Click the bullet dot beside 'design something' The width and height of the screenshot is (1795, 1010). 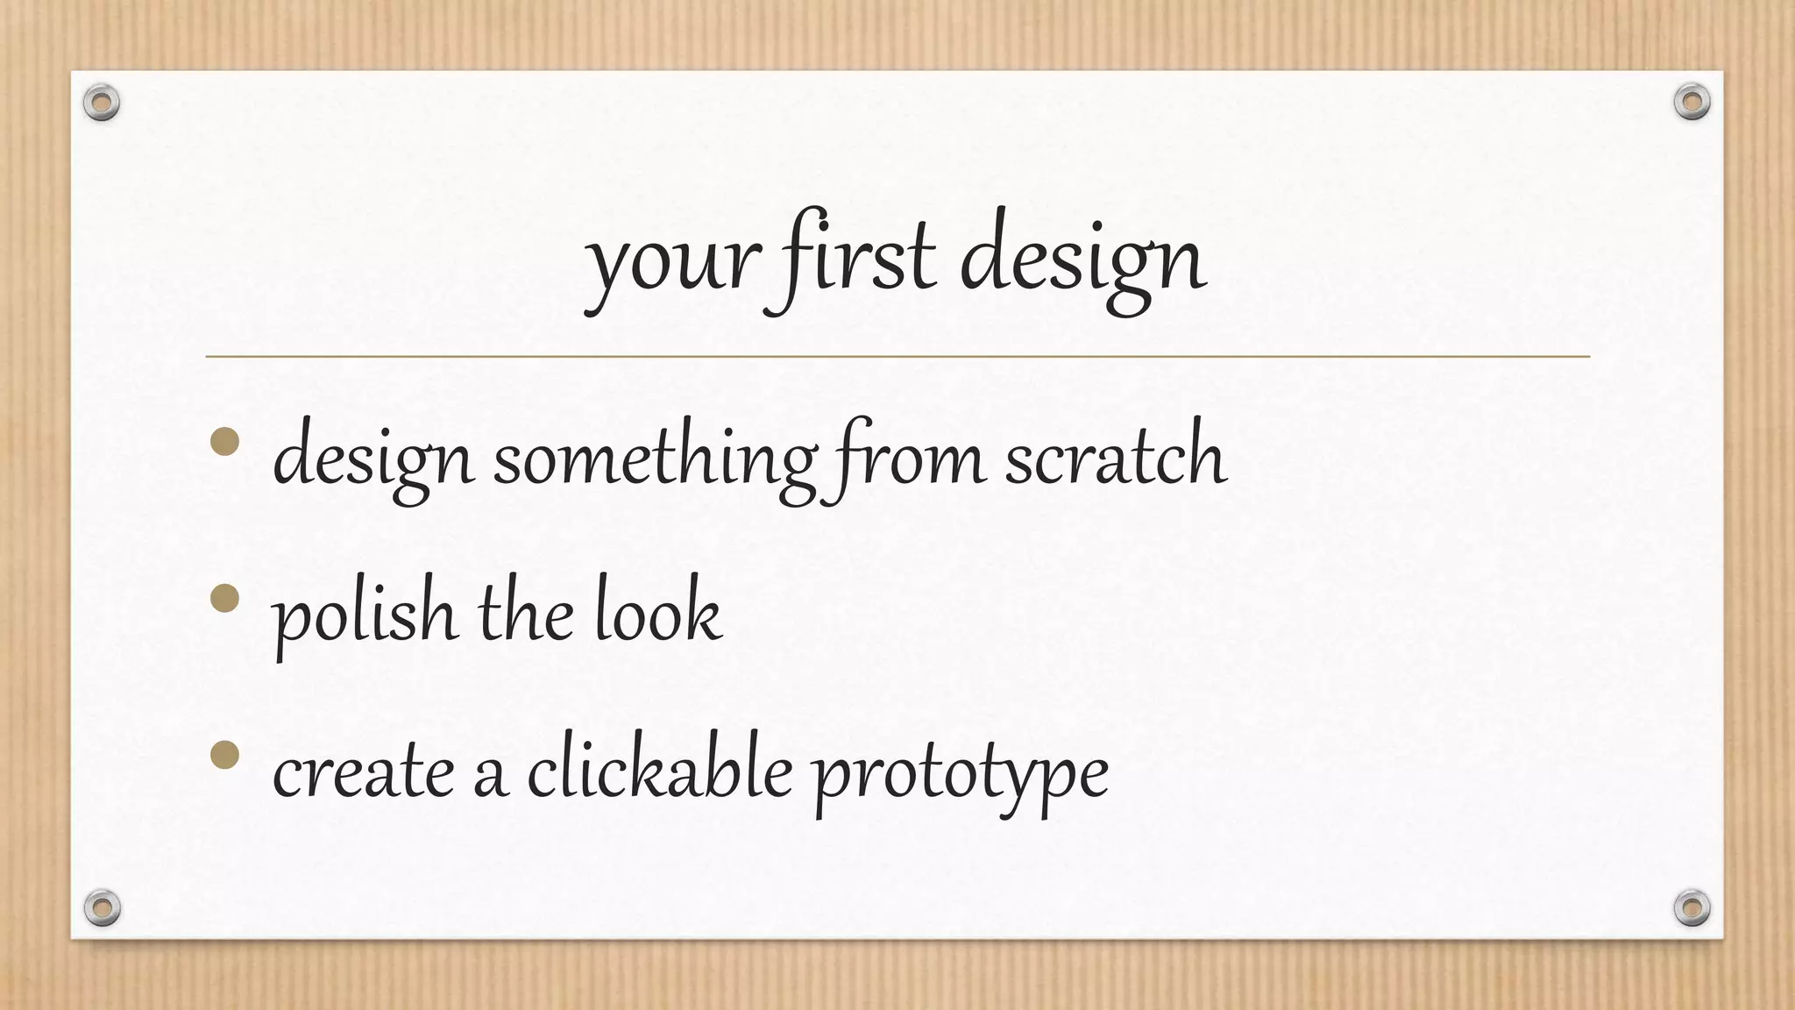225,442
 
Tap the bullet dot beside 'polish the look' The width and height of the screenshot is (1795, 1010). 225,599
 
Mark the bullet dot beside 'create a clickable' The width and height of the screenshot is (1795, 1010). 225,755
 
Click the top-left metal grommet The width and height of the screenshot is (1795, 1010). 102,103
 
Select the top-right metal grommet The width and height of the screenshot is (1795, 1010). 1692,103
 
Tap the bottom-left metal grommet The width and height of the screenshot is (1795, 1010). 102,907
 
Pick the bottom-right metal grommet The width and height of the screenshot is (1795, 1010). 1692,907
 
